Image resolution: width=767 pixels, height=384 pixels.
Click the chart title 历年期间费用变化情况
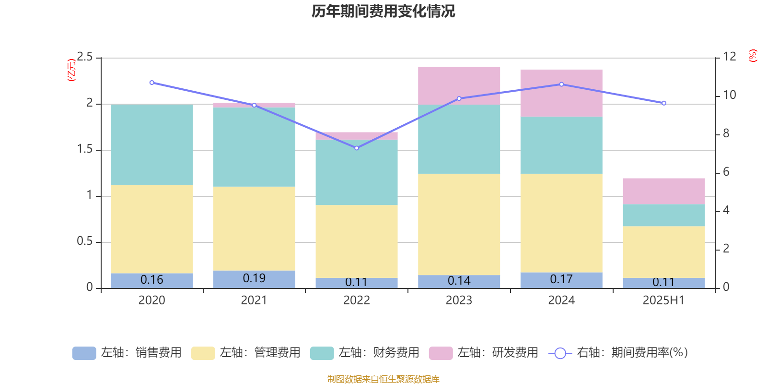coord(383,11)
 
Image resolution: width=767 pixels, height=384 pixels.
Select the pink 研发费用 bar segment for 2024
coord(561,93)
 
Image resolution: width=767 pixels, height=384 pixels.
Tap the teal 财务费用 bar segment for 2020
coord(152,144)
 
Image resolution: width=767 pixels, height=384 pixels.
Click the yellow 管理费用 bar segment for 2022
coord(357,241)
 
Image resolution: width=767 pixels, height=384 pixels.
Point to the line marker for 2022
coord(357,148)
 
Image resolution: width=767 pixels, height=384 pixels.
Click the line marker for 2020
coord(152,83)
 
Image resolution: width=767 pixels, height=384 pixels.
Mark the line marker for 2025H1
coord(664,103)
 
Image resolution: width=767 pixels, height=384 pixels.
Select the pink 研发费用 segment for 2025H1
coord(664,191)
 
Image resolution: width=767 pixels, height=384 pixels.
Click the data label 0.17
coord(561,279)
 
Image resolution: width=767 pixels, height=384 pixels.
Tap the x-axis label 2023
coord(459,300)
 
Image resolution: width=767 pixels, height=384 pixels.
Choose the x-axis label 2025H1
coord(663,300)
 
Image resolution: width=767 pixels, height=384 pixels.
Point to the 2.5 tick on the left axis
coord(85,57)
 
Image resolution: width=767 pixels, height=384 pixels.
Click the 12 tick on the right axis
coord(730,57)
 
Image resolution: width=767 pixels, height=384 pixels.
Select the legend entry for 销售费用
coord(127,353)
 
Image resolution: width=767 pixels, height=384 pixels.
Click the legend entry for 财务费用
coord(365,353)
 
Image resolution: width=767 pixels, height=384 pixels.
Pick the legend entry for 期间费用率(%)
coord(618,353)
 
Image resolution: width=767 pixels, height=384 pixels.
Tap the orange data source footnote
coord(383,379)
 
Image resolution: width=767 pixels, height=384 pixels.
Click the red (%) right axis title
coord(753,56)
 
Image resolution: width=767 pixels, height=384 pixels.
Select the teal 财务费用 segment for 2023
coord(459,139)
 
